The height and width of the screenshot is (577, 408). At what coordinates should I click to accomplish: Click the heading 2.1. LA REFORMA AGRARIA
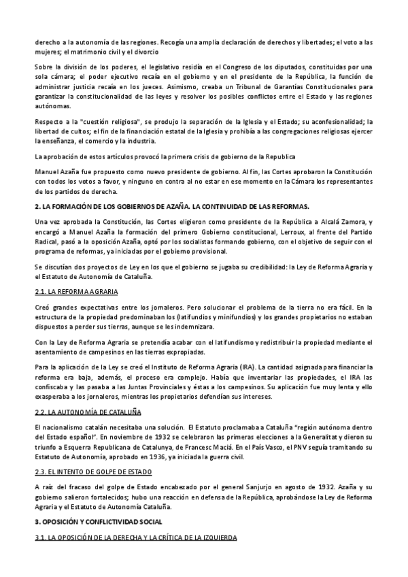77,292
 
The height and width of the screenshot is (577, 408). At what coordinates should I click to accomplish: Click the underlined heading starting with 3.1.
136,538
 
